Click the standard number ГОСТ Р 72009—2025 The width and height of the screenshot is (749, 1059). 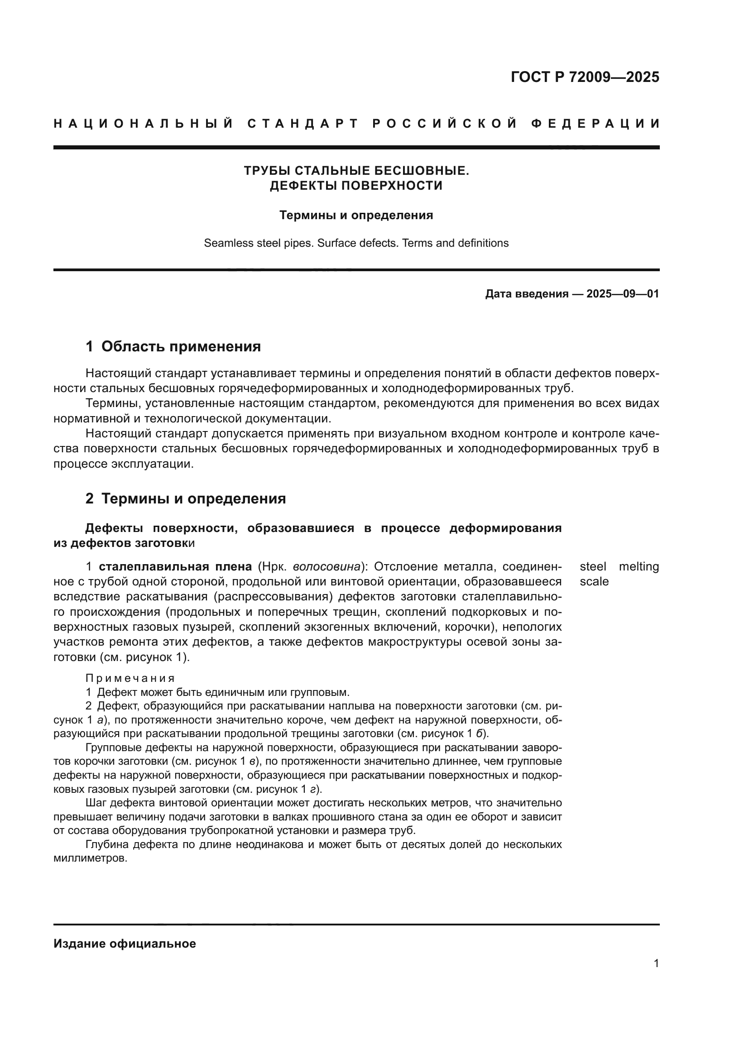click(585, 77)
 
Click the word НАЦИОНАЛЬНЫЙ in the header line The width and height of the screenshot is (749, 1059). click(144, 124)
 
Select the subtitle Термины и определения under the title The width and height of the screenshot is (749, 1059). click(356, 216)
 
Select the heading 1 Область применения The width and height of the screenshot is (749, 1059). click(173, 346)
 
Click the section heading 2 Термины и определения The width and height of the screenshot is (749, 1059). click(185, 498)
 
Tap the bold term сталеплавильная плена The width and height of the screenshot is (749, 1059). click(175, 566)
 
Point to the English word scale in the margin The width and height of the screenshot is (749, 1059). click(594, 582)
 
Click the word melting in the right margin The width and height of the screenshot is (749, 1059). click(639, 566)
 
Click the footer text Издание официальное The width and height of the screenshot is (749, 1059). click(125, 944)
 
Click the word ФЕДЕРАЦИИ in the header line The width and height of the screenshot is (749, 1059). click(595, 124)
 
